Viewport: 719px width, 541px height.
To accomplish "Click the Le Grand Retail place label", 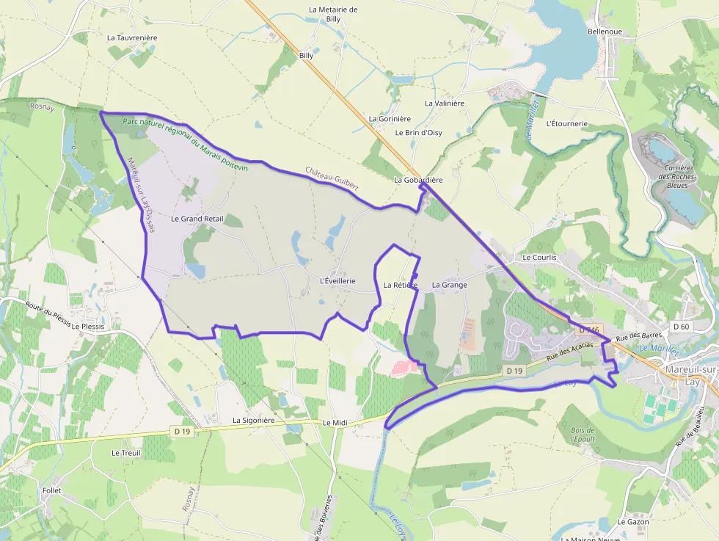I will tap(197, 219).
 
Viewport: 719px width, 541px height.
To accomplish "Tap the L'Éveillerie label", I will tap(337, 281).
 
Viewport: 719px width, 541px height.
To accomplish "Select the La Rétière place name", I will tap(400, 285).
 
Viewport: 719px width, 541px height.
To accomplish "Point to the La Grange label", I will tap(449, 285).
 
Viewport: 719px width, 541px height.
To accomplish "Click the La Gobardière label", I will tap(418, 180).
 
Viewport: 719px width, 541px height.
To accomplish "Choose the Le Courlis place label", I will tap(539, 258).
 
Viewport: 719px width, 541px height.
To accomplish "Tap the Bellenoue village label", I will tap(605, 32).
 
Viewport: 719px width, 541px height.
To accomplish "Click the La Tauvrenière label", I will tap(132, 37).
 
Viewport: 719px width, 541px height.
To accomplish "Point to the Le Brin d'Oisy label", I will tap(418, 133).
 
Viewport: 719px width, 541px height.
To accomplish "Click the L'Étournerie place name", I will tap(567, 123).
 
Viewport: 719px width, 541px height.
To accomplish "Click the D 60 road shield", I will tap(680, 326).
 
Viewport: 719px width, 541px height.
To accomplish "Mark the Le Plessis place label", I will tap(88, 326).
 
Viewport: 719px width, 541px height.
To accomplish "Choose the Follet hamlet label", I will tap(52, 490).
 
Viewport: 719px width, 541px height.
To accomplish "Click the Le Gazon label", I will tap(633, 522).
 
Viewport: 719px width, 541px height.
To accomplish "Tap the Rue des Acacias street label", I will tap(569, 351).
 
